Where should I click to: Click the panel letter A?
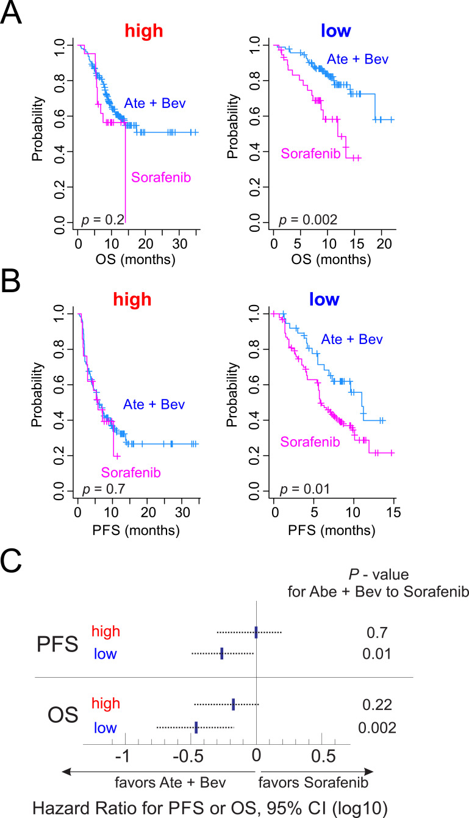click(x=12, y=13)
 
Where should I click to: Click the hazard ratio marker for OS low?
click(x=196, y=727)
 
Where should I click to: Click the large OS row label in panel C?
click(x=63, y=715)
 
